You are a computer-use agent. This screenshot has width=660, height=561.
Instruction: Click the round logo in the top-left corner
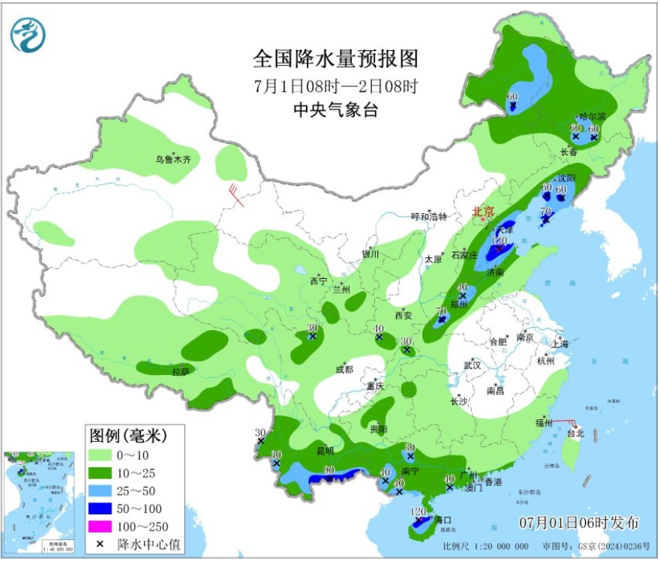[28, 33]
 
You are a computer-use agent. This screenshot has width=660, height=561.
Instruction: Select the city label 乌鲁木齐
[174, 159]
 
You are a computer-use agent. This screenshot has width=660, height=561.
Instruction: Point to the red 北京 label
[484, 212]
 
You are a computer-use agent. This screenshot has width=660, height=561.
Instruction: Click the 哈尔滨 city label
[592, 117]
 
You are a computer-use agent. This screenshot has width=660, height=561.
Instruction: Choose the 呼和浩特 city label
[429, 217]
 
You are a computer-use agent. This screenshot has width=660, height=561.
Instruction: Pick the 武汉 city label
[472, 364]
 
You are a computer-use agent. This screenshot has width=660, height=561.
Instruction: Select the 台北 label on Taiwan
[575, 433]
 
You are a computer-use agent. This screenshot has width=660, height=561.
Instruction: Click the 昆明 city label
[325, 451]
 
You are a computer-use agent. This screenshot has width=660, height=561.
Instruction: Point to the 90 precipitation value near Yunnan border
[328, 470]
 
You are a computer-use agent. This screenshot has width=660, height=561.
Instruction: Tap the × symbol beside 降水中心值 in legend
[100, 544]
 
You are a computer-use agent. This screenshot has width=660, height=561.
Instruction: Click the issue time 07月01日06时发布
[579, 522]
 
